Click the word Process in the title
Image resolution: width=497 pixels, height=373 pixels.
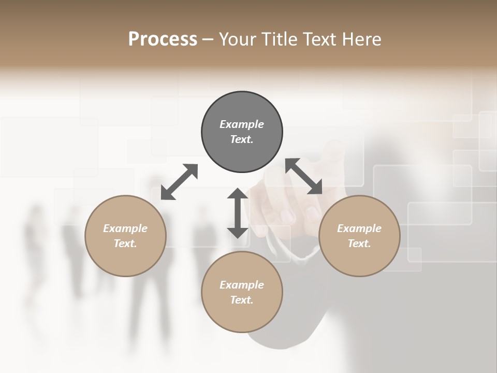click(163, 39)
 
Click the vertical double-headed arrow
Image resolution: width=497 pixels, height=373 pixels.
click(238, 213)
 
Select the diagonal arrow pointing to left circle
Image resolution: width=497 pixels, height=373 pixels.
click(179, 182)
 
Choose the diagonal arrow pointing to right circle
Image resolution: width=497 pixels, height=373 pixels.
click(304, 176)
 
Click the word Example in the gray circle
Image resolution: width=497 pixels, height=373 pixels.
click(242, 124)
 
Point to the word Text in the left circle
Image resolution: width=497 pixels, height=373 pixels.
click(125, 243)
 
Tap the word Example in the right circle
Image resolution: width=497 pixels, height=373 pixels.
click(359, 228)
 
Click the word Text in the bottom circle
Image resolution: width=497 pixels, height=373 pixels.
click(242, 300)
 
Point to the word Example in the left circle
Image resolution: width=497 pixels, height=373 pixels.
click(125, 228)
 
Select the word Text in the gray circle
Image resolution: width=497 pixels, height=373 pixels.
click(242, 139)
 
